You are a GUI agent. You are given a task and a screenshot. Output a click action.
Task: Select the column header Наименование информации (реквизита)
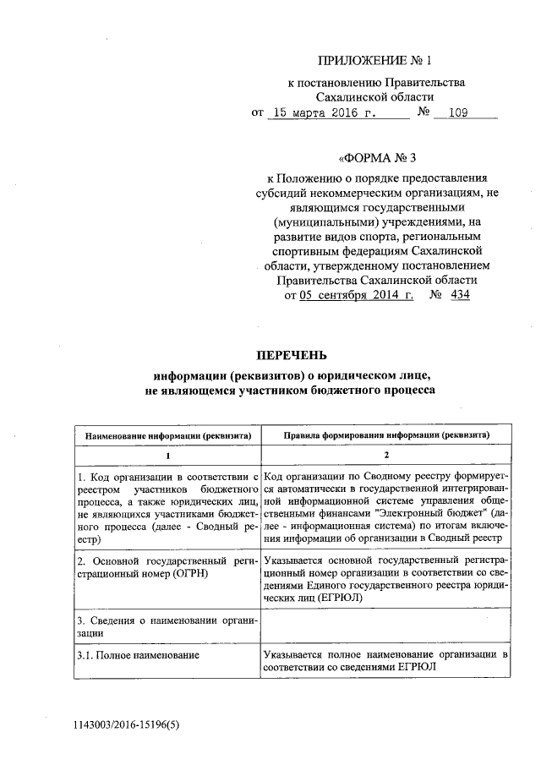coord(167,434)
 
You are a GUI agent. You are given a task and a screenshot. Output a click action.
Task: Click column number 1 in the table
coord(167,456)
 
